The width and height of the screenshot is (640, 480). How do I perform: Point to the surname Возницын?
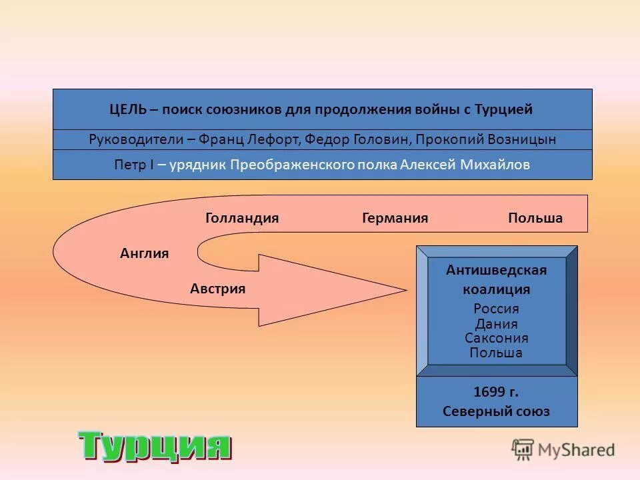click(x=515, y=139)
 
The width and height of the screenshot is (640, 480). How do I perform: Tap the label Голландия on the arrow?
click(x=241, y=218)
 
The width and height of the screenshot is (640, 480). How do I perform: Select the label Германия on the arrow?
click(x=395, y=218)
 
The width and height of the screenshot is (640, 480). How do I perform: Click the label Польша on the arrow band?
click(x=535, y=218)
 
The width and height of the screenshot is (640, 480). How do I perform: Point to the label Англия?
click(x=144, y=253)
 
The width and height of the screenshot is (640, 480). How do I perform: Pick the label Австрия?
click(x=217, y=289)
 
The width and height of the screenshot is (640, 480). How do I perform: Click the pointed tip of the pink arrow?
click(x=404, y=290)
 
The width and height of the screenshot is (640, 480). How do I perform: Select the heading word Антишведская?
click(x=496, y=270)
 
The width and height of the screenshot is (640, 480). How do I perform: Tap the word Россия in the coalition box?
click(x=496, y=309)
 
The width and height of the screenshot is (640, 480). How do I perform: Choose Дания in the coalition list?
click(x=496, y=324)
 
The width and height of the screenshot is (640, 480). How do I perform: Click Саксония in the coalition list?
click(x=496, y=338)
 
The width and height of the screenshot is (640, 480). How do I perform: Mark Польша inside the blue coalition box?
click(x=496, y=353)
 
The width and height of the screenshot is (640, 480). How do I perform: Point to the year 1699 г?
click(x=496, y=391)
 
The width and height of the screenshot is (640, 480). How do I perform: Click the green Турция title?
click(x=155, y=445)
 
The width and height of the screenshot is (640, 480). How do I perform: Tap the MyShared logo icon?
click(x=523, y=449)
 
